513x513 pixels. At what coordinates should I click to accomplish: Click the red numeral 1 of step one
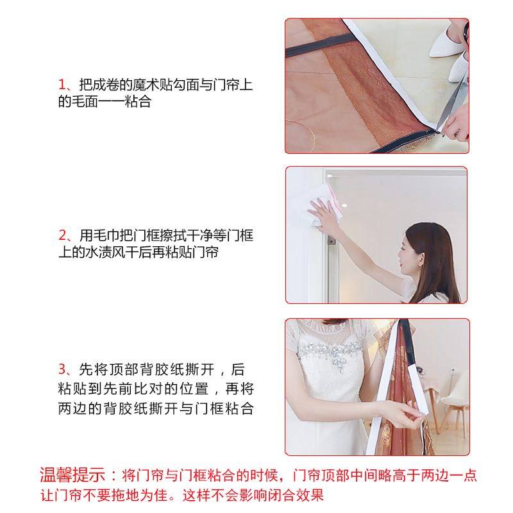62,85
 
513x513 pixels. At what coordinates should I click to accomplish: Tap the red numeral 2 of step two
62,235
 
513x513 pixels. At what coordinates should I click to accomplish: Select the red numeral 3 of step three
62,370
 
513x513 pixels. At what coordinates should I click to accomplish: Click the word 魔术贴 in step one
151,85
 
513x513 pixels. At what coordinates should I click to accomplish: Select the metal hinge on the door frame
332,242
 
